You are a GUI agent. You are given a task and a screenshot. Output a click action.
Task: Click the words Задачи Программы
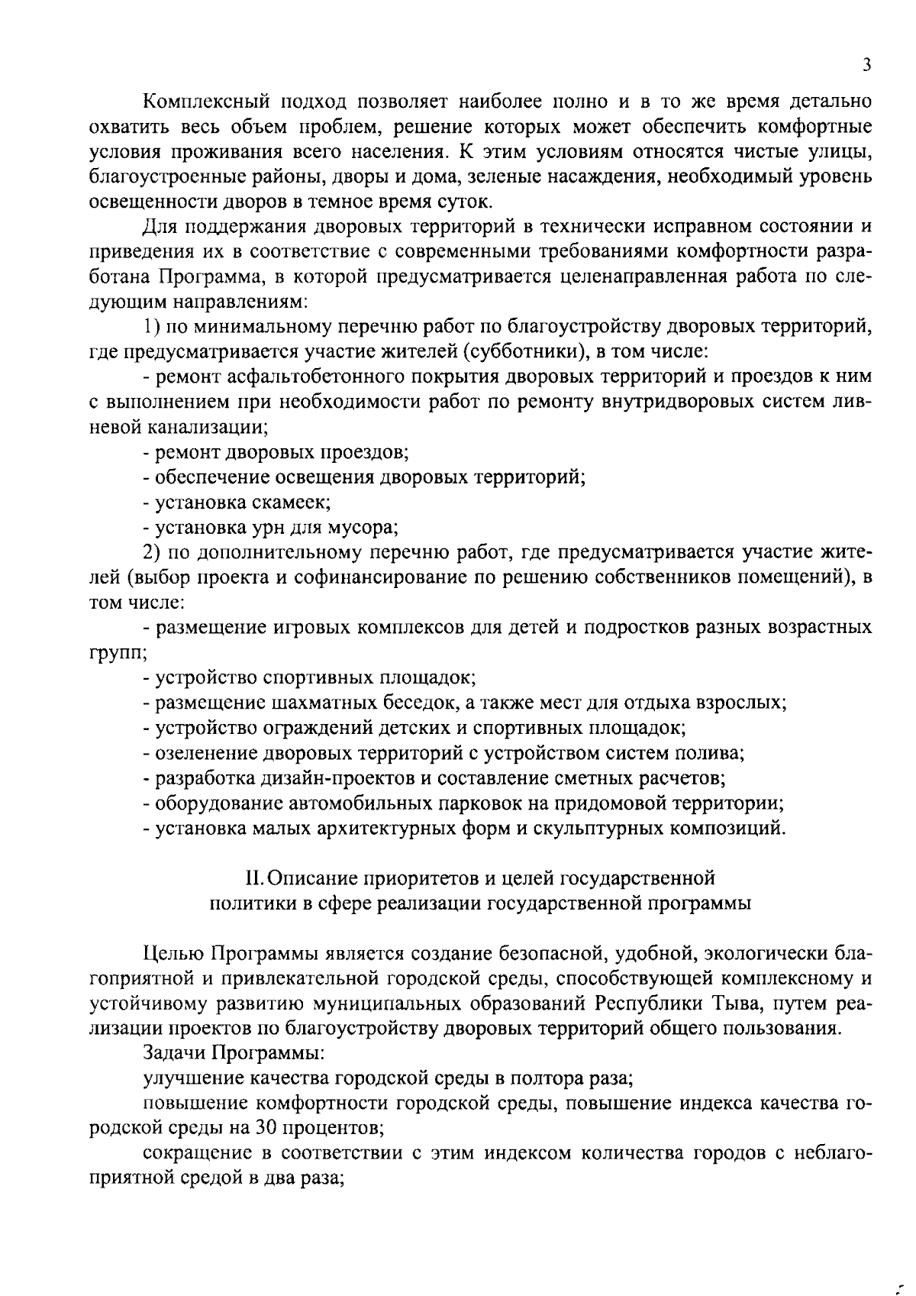click(234, 1053)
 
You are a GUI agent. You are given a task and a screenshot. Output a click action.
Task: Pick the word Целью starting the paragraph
click(173, 953)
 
